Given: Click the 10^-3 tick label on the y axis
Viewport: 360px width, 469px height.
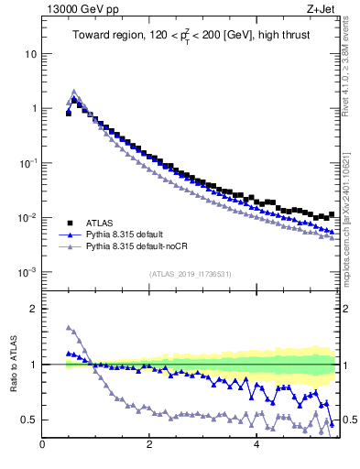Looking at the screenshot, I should click(x=26, y=273).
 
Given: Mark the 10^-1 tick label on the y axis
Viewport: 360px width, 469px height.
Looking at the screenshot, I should click(x=26, y=163).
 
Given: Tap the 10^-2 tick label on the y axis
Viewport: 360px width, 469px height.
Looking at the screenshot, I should click(x=26, y=218).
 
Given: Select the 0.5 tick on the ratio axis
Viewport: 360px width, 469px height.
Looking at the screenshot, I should click(x=28, y=420).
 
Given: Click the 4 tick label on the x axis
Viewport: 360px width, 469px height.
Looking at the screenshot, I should click(x=256, y=446).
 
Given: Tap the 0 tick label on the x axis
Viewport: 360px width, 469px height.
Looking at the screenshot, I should click(x=42, y=446).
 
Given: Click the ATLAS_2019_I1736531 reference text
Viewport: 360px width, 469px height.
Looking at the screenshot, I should click(x=189, y=275).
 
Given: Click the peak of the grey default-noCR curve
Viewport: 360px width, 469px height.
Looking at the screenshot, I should click(x=74, y=91).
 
